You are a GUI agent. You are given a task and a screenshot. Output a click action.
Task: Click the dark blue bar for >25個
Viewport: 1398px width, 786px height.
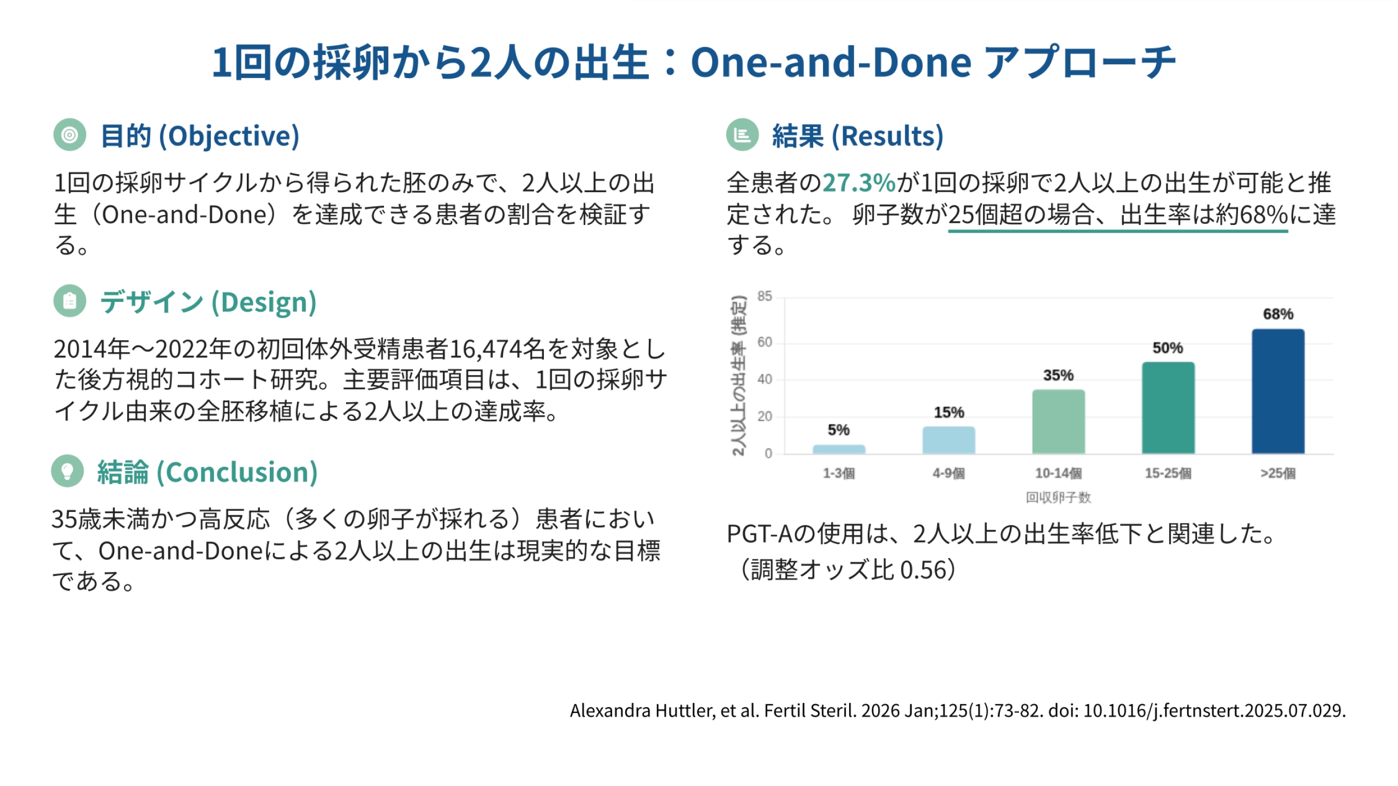(1278, 391)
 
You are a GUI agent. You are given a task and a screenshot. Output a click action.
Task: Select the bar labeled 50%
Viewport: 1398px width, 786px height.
(1168, 408)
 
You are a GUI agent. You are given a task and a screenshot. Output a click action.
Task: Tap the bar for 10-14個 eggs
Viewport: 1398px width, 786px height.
(1058, 421)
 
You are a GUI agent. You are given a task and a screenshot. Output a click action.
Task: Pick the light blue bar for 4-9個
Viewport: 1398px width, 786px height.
(949, 440)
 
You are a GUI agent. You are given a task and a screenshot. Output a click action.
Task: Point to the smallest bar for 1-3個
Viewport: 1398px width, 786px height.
(839, 449)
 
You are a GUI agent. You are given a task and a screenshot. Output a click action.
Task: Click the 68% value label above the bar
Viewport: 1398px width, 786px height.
(1278, 314)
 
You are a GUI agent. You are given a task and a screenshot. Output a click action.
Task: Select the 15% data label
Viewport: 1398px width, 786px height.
(949, 412)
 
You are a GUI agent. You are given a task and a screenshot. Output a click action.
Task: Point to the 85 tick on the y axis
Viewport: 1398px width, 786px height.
(765, 296)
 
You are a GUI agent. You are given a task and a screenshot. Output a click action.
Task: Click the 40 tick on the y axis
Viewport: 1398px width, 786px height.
(765, 379)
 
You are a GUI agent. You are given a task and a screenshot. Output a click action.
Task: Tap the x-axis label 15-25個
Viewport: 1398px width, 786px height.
(1168, 473)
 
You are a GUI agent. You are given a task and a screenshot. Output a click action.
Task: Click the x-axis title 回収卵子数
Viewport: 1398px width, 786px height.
(1058, 497)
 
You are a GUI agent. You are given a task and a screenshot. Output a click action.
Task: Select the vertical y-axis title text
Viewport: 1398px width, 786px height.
(739, 376)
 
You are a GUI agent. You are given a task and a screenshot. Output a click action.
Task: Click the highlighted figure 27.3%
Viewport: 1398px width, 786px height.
(859, 183)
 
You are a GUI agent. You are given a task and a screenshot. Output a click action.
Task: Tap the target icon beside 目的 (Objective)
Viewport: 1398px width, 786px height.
(70, 135)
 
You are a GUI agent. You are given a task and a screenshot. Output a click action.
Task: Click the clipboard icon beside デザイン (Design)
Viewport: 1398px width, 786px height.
(70, 301)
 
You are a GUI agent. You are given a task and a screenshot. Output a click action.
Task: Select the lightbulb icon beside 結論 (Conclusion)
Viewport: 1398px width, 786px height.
(67, 471)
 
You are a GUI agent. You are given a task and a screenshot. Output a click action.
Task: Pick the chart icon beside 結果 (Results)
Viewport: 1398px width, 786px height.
(742, 135)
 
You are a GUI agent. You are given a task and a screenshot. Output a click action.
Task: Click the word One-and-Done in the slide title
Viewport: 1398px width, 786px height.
(831, 62)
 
